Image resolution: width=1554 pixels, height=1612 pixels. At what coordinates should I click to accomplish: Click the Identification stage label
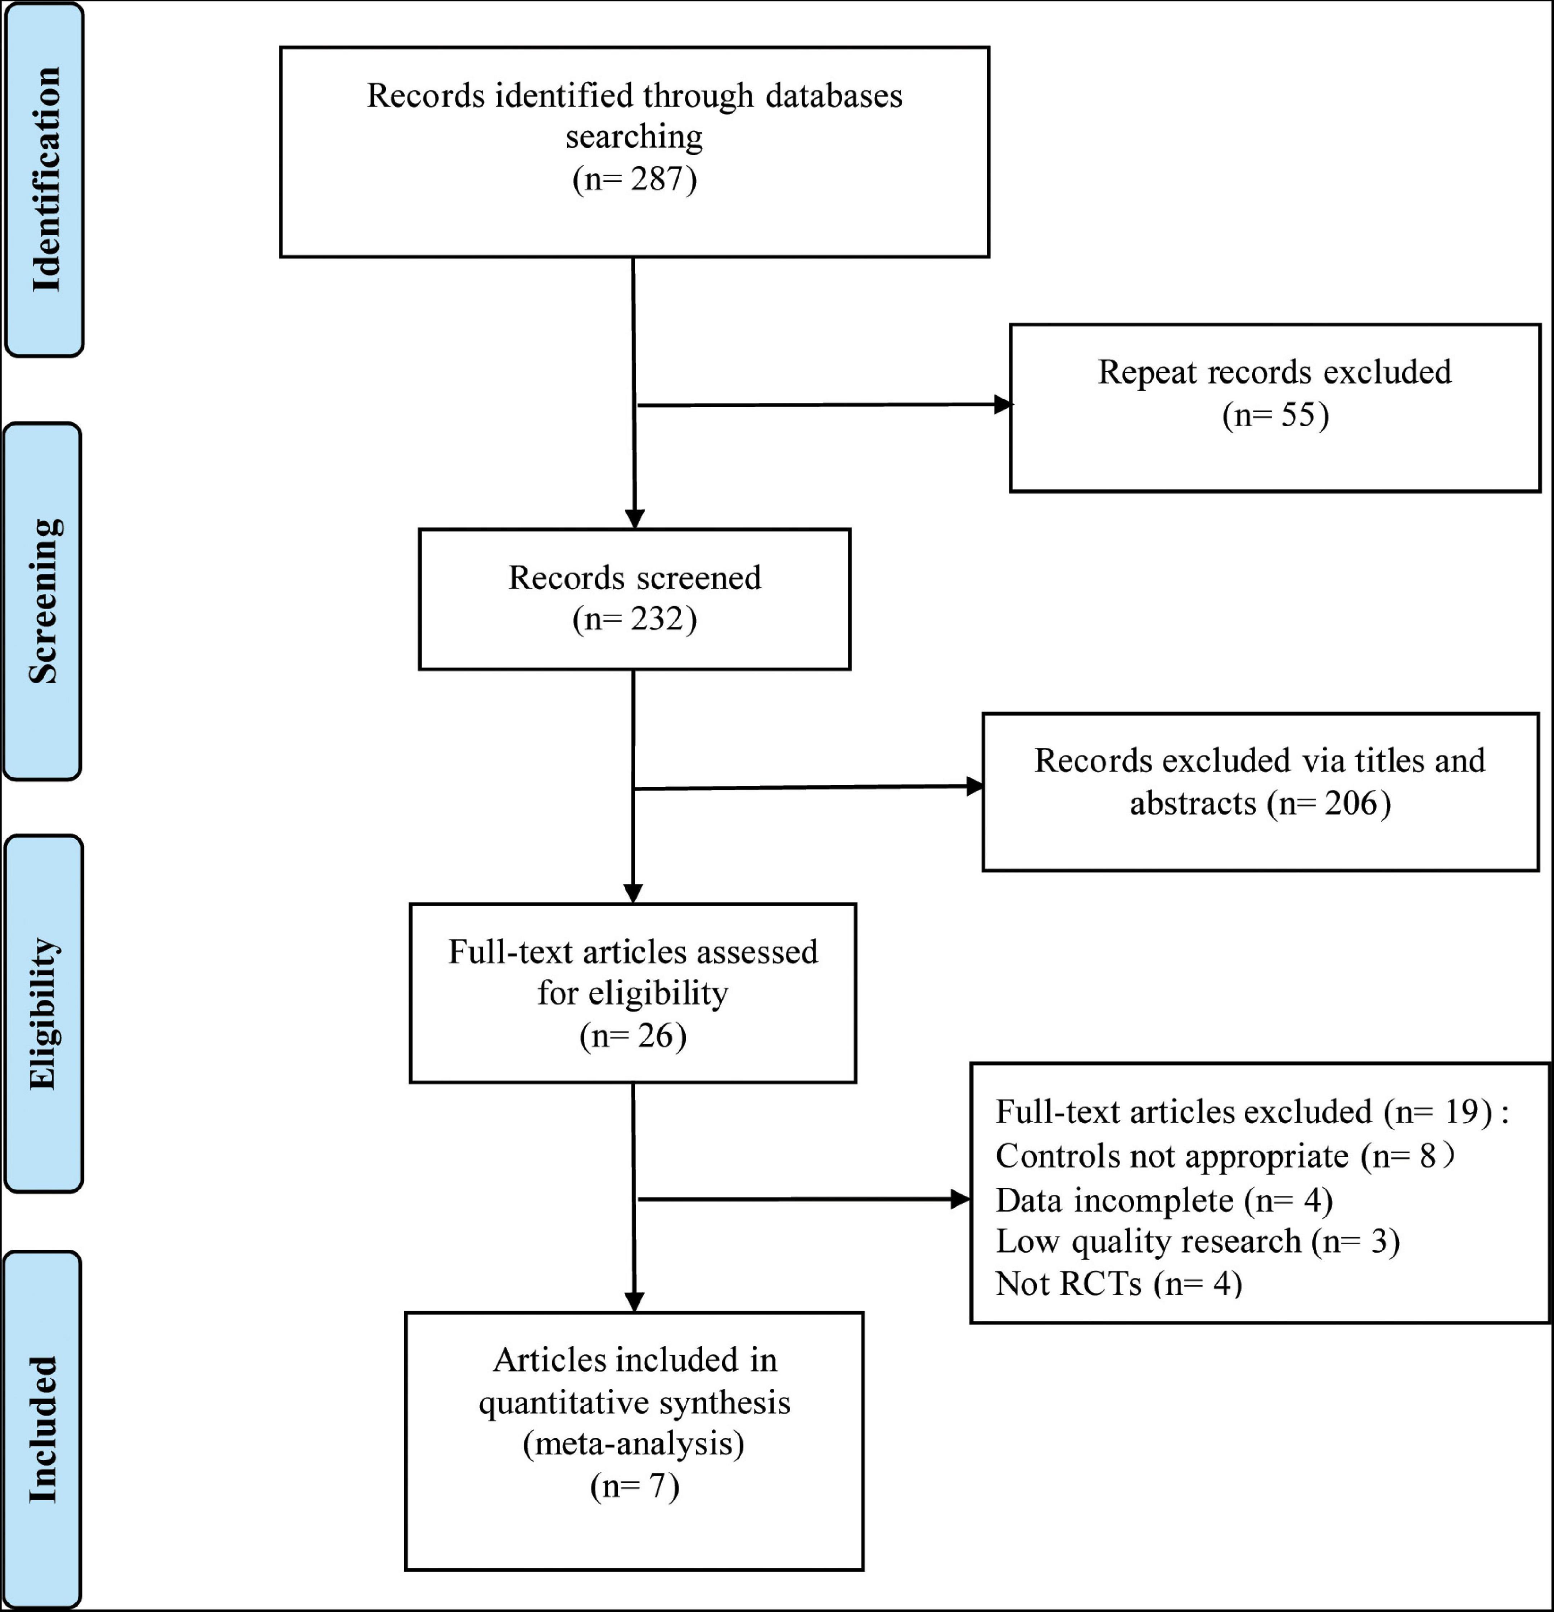(46, 179)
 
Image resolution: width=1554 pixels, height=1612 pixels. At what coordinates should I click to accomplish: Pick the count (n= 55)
(1275, 414)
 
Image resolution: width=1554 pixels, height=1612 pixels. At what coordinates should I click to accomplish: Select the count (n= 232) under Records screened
(634, 619)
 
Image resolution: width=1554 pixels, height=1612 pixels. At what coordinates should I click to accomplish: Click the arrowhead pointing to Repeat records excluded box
(1003, 405)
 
